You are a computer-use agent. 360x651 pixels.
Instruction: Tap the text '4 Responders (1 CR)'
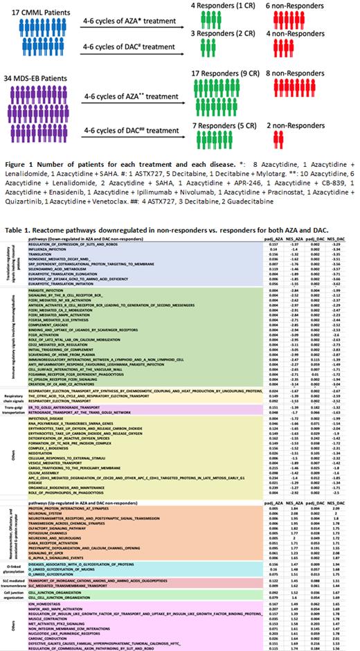210,6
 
